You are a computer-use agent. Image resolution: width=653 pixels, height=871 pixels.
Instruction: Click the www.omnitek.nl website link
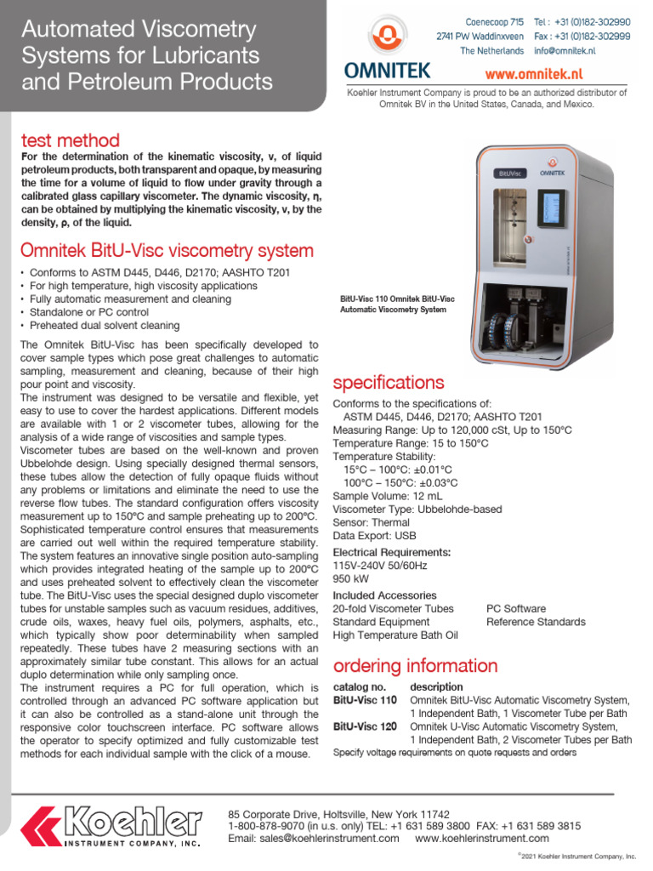(x=557, y=74)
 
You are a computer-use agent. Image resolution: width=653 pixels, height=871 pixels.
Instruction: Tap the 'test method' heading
(x=70, y=140)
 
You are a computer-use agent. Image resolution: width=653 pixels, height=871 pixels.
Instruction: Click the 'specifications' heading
(x=389, y=382)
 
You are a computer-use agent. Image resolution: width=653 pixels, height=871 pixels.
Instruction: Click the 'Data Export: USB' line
(x=375, y=536)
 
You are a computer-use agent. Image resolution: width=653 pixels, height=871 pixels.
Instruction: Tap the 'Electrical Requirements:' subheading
(x=391, y=552)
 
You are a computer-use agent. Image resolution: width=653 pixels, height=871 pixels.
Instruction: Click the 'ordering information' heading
(x=415, y=665)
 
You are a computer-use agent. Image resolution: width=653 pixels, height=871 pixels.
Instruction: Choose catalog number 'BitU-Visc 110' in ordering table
(x=365, y=700)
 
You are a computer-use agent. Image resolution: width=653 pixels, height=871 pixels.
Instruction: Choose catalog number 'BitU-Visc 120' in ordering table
(x=365, y=727)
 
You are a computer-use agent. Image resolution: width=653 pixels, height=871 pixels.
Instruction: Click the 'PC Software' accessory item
(x=516, y=609)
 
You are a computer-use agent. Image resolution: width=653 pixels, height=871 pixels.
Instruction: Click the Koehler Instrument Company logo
(x=111, y=825)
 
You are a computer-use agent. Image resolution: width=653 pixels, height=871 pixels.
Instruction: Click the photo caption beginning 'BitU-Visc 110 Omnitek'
(x=397, y=304)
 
